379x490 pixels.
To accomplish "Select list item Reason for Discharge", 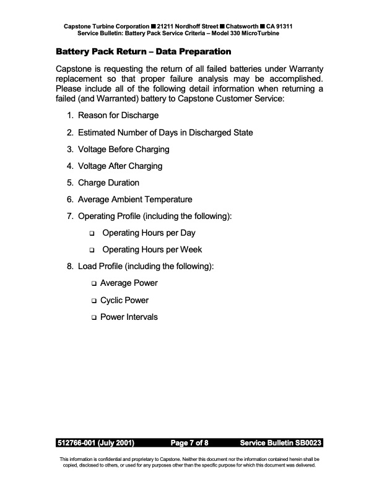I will coord(118,115).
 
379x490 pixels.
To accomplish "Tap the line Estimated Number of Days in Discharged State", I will coord(165,132).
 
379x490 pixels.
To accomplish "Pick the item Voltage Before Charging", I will coord(123,149).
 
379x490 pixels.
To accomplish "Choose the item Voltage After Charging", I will coord(120,166).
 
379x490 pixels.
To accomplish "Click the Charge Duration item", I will coord(108,183).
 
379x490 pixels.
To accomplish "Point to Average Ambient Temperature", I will coord(135,199).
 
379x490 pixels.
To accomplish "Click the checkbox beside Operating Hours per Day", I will coord(92,234).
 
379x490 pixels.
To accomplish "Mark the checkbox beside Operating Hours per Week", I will coord(92,251).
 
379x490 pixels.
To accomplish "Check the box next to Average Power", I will coord(94,283).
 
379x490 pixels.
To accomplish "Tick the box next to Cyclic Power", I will coord(94,301).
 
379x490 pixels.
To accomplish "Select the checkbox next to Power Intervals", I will coord(94,317).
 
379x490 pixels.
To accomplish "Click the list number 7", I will coord(69,216).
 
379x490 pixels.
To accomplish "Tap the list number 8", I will coord(69,267).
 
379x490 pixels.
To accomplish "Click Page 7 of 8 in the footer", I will coord(189,443).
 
